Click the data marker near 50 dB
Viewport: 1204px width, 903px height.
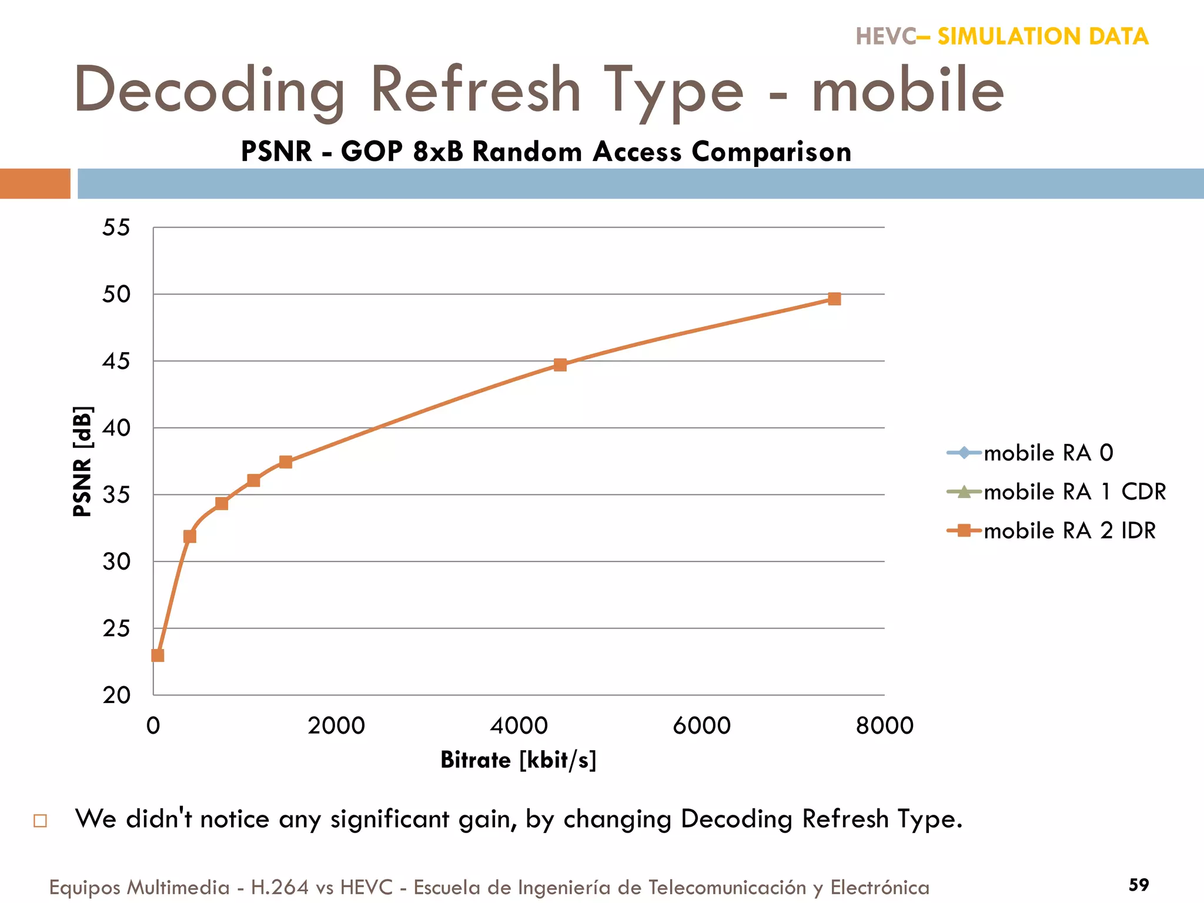click(x=834, y=299)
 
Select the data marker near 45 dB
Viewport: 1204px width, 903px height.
click(x=560, y=364)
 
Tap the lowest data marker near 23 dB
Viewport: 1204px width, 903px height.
click(x=158, y=655)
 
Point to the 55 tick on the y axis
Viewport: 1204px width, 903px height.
click(x=116, y=228)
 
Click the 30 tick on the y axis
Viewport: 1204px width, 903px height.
click(x=116, y=561)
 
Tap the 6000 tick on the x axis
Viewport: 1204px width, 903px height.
click(x=701, y=725)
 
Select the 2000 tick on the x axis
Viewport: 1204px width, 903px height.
click(x=336, y=725)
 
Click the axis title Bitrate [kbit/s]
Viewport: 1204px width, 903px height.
click(x=518, y=760)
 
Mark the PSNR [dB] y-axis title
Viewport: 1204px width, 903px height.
click(x=82, y=461)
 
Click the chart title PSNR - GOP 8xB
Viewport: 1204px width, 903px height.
click(x=546, y=152)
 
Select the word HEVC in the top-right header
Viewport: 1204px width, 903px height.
click(x=885, y=36)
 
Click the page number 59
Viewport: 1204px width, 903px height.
click(x=1138, y=884)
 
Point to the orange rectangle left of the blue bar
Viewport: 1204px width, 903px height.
click(x=35, y=183)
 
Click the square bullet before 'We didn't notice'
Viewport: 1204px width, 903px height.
click(x=40, y=820)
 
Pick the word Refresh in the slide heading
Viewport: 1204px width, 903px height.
click(x=476, y=90)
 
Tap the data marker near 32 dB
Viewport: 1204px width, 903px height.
click(x=189, y=536)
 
